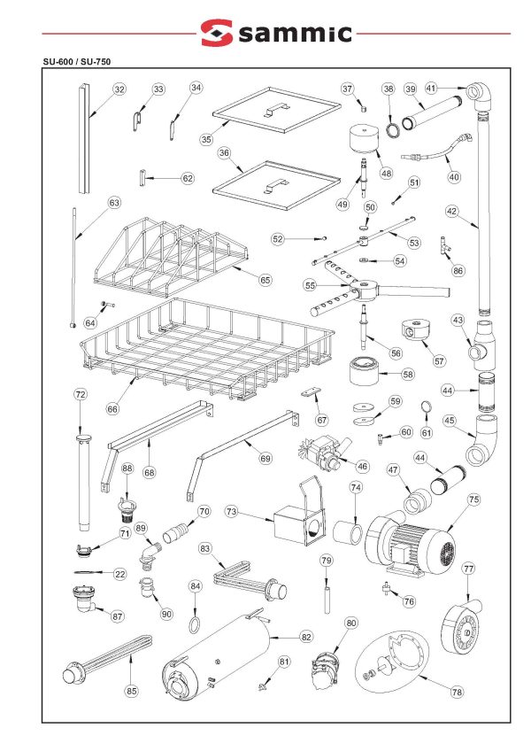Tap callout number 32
point(119,89)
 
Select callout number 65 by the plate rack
point(264,279)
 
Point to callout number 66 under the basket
point(112,409)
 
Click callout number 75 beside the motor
point(473,500)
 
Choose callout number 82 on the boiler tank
point(306,636)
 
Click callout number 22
point(119,574)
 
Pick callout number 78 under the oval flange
point(456,693)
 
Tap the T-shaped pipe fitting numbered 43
point(483,342)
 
